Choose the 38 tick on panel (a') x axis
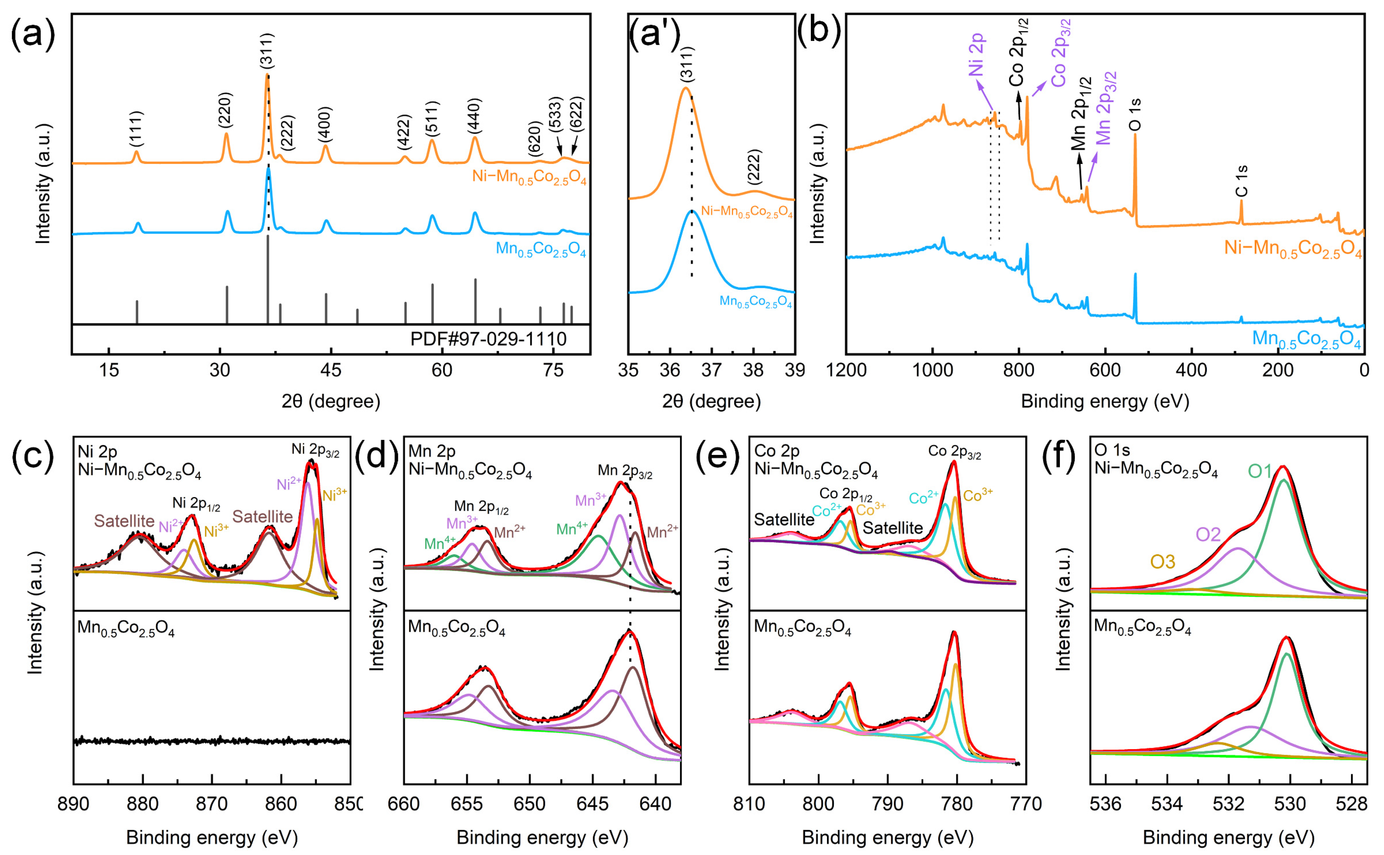pos(753,370)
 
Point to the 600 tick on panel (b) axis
pos(1105,370)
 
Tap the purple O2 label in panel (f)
pos(1208,534)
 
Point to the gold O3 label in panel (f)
pos(1163,562)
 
